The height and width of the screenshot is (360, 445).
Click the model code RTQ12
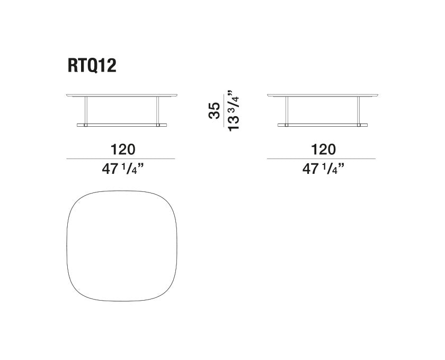[92, 66]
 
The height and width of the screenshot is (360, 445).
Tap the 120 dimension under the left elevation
[123, 149]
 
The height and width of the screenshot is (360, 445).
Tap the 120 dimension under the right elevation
[323, 149]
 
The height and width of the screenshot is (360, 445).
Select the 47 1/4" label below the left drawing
[123, 169]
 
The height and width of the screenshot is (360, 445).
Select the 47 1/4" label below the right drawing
[323, 169]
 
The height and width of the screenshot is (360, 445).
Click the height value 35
[214, 110]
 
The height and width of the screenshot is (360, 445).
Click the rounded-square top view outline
[67, 246]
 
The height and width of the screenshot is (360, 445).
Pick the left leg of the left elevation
[86, 110]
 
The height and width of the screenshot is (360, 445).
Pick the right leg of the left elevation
[157, 110]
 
